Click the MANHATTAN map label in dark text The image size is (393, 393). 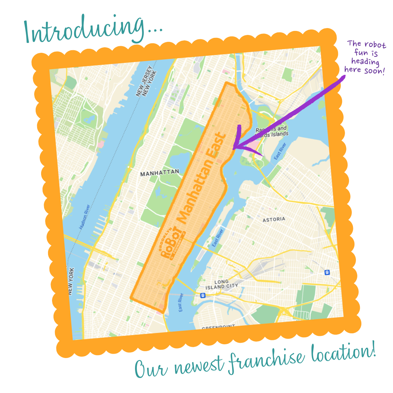point(159,173)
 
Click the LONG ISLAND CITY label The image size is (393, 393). point(226,285)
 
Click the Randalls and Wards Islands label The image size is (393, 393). point(271,131)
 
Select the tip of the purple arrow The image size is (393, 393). point(233,148)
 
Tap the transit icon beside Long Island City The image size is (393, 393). point(202,295)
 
